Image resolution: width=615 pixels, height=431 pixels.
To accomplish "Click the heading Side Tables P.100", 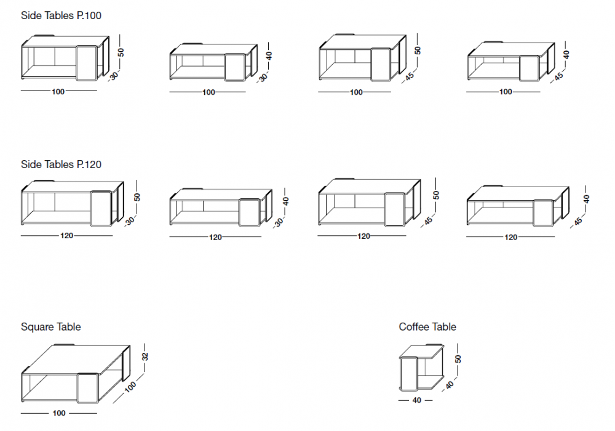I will coord(61,15).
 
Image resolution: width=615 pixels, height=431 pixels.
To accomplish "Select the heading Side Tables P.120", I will coord(61,164).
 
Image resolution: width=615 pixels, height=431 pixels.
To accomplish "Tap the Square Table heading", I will coord(50,327).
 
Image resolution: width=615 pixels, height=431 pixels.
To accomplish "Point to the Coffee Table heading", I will coord(427,327).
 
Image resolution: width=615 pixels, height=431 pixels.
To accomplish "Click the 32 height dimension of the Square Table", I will coord(145,356).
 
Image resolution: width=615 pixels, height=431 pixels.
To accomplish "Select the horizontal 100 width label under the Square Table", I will coord(58,413).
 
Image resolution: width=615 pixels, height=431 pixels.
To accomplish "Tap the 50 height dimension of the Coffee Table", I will coord(458,359).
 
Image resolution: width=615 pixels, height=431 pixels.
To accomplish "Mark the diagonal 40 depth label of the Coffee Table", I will coord(450,385).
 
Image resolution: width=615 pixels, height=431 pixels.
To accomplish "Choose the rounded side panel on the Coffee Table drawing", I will coord(407,374).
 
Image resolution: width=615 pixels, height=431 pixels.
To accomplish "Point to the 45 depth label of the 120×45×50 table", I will coord(428,220).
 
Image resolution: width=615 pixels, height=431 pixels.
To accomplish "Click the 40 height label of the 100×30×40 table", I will coord(268,55).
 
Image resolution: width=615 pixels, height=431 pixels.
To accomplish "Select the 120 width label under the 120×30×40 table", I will coord(215,237).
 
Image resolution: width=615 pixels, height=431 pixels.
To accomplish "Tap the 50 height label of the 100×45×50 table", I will coord(418,50).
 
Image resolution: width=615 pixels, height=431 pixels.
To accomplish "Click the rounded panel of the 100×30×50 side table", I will coord(87,63).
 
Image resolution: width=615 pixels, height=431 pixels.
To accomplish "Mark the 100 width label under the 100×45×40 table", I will coord(506,92).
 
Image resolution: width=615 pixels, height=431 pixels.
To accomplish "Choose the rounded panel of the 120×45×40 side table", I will coord(543,213).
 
